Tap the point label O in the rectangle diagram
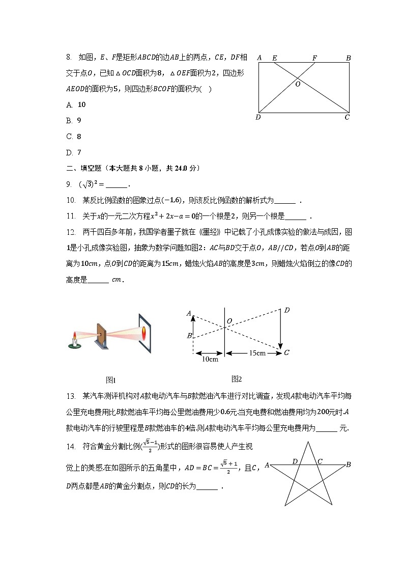[298, 84]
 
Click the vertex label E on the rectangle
[275, 58]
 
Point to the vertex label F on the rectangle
[314, 58]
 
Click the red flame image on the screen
[144, 333]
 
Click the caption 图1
[111, 380]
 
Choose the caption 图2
[237, 378]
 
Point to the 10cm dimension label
[210, 360]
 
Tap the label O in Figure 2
[229, 320]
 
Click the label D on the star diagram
[295, 461]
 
